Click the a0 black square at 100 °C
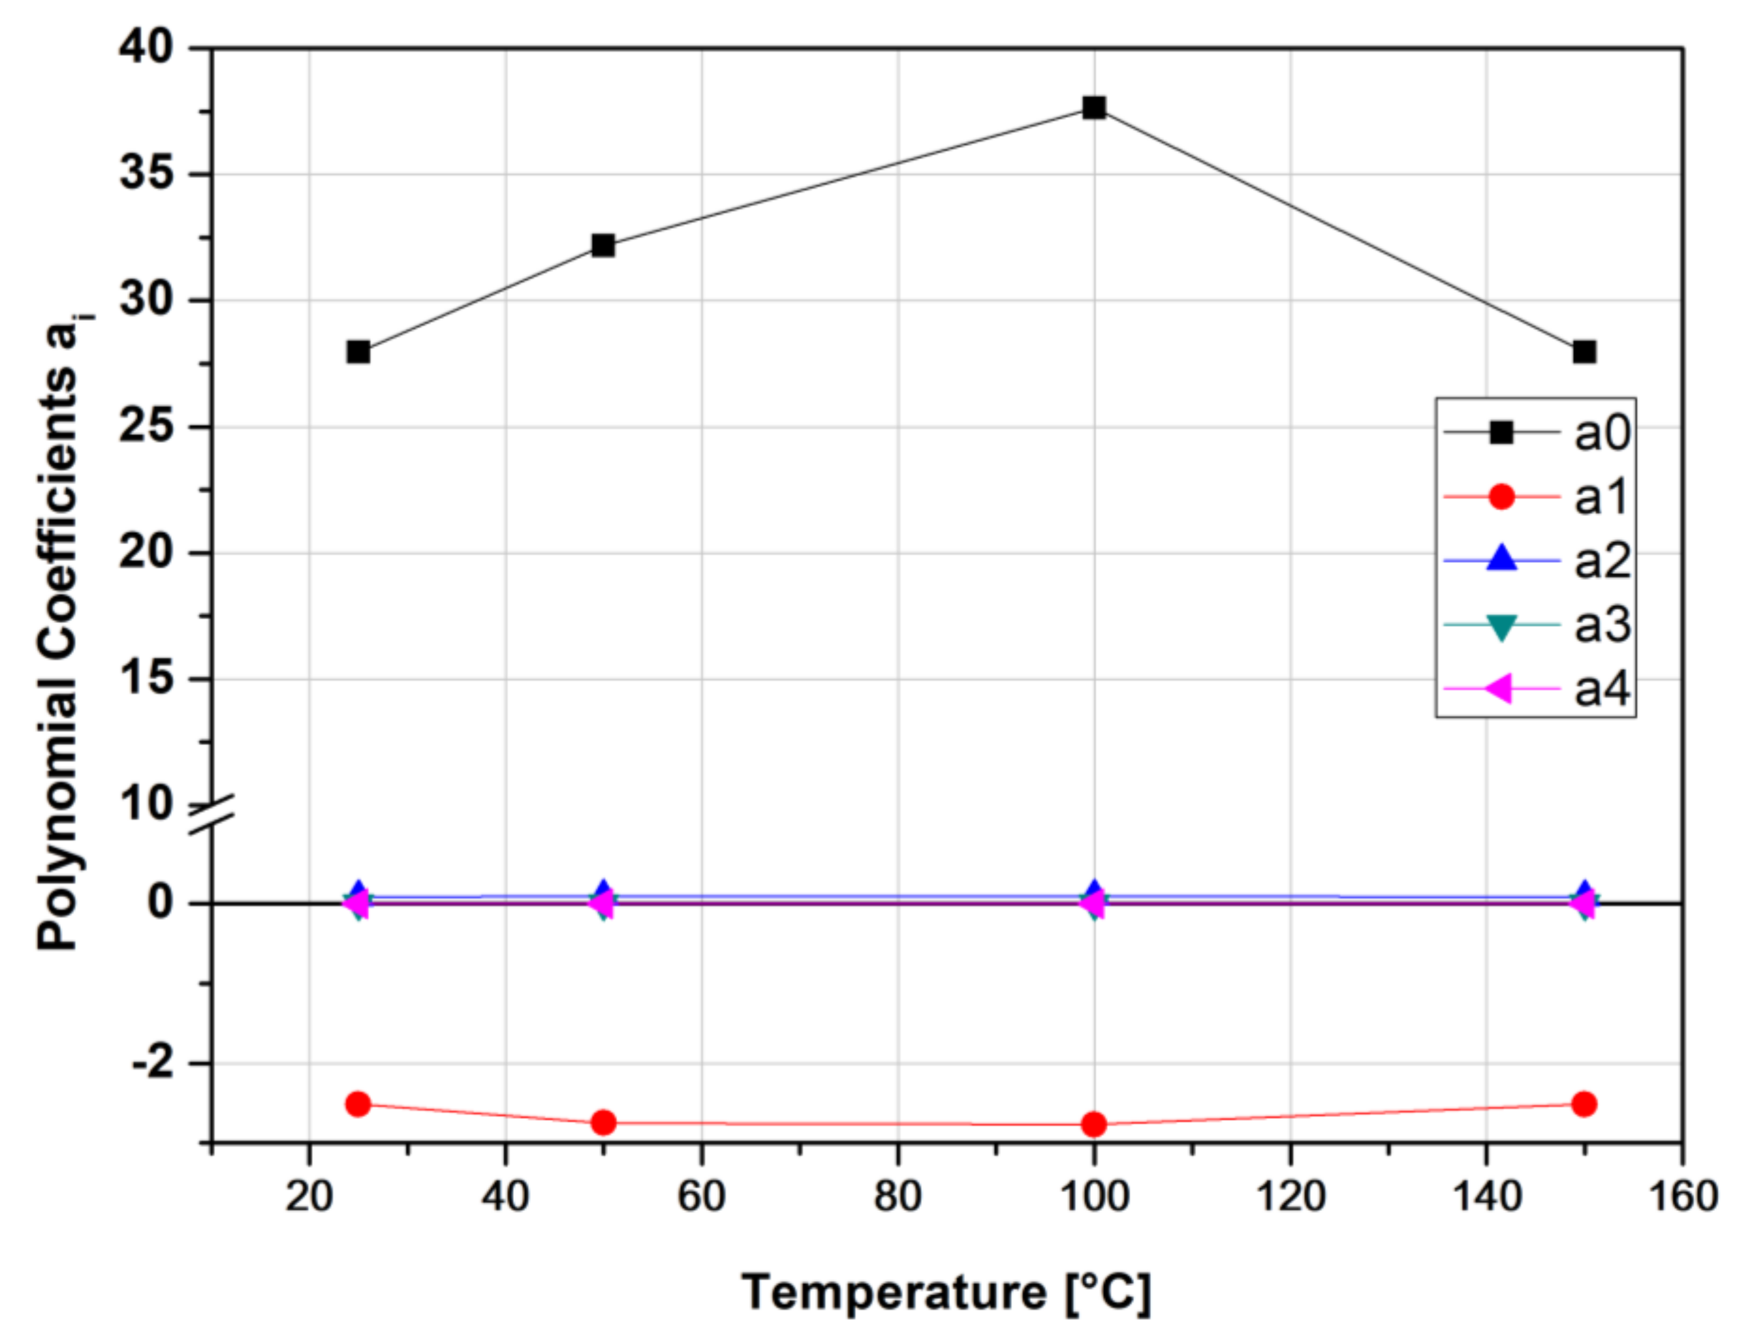[1094, 108]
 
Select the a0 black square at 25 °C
[359, 351]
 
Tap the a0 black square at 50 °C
[603, 245]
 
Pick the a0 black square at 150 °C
[1584, 351]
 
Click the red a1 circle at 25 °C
[359, 1104]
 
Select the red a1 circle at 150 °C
[1584, 1104]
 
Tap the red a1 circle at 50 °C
[603, 1123]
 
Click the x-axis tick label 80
[898, 1196]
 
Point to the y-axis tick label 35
[146, 174]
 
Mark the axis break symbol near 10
[213, 816]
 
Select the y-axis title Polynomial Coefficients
[59, 637]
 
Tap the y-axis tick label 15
[146, 679]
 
